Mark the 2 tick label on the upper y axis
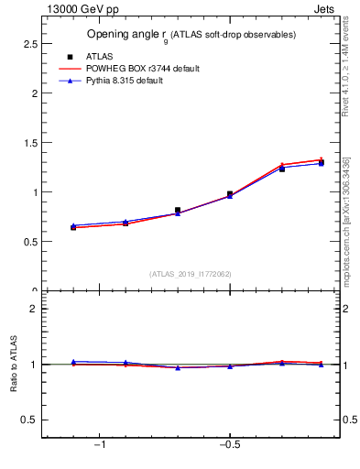pos(33,93)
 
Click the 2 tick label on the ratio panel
pos(33,309)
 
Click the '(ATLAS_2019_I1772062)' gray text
pos(191,274)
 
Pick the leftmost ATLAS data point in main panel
pos(73,227)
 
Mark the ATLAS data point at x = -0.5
pos(230,194)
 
